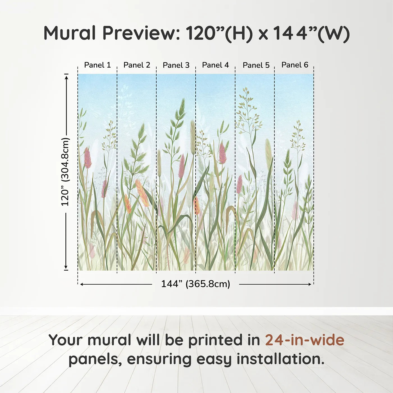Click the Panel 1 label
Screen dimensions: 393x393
click(97, 65)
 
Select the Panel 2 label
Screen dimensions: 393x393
click(137, 65)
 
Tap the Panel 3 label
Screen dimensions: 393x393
click(176, 65)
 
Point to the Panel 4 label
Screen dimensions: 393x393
click(216, 65)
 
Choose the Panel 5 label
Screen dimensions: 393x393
click(256, 65)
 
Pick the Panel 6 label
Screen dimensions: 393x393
click(295, 65)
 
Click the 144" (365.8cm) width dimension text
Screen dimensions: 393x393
click(196, 284)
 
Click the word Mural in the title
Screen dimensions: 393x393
click(70, 33)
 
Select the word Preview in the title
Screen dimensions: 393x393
click(141, 33)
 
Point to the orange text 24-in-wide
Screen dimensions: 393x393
click(305, 340)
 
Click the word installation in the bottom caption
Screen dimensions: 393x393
click(280, 359)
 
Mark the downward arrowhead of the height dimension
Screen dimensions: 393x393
click(66, 267)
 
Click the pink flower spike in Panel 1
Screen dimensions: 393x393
click(87, 158)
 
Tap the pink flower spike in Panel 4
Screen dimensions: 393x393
click(223, 153)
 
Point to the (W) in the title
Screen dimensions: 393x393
click(334, 33)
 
